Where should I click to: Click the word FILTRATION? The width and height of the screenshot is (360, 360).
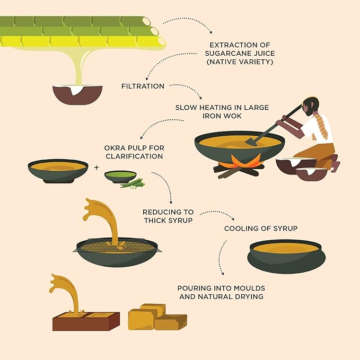coord(143,86)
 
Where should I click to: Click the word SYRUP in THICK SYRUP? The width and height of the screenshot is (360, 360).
coord(181,221)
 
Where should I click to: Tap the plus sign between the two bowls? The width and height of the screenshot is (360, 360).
coord(96,168)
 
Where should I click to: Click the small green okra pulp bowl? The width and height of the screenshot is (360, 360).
coord(120,177)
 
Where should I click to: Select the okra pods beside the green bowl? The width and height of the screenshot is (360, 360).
coord(133,184)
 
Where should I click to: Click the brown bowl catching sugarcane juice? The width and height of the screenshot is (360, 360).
coord(77,94)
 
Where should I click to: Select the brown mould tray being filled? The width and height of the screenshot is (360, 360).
coord(86,321)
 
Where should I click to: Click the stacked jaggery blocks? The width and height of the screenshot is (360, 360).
coord(157,317)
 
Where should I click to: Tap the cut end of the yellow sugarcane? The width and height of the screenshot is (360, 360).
coord(162,41)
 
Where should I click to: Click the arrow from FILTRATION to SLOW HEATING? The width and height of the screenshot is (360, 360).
coord(187,89)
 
